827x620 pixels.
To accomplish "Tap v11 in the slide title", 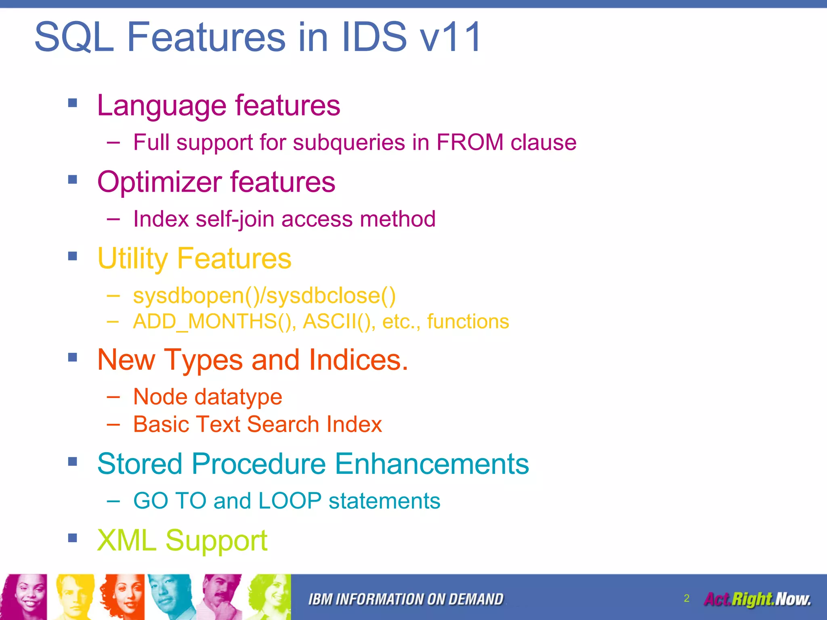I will pyautogui.click(x=451, y=38).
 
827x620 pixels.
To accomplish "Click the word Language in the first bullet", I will pyautogui.click(x=162, y=106).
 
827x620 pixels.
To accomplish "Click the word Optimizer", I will pyautogui.click(x=160, y=182).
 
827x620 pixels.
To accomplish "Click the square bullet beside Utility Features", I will pyautogui.click(x=73, y=256).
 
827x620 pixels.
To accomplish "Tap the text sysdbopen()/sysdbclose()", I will pyautogui.click(x=264, y=296).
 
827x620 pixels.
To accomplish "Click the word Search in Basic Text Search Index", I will pyautogui.click(x=283, y=425).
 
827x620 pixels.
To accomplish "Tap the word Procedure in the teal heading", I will pyautogui.click(x=258, y=464).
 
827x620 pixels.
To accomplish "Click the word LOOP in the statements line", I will pyautogui.click(x=290, y=501).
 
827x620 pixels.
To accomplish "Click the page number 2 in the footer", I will pyautogui.click(x=686, y=598).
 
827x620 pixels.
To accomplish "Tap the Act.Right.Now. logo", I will pyautogui.click(x=758, y=599).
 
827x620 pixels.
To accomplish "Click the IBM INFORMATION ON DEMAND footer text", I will pyautogui.click(x=406, y=599).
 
